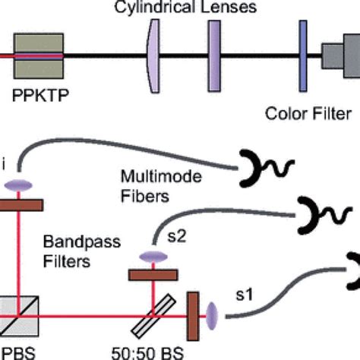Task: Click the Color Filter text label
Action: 308,115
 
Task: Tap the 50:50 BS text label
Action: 156,352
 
